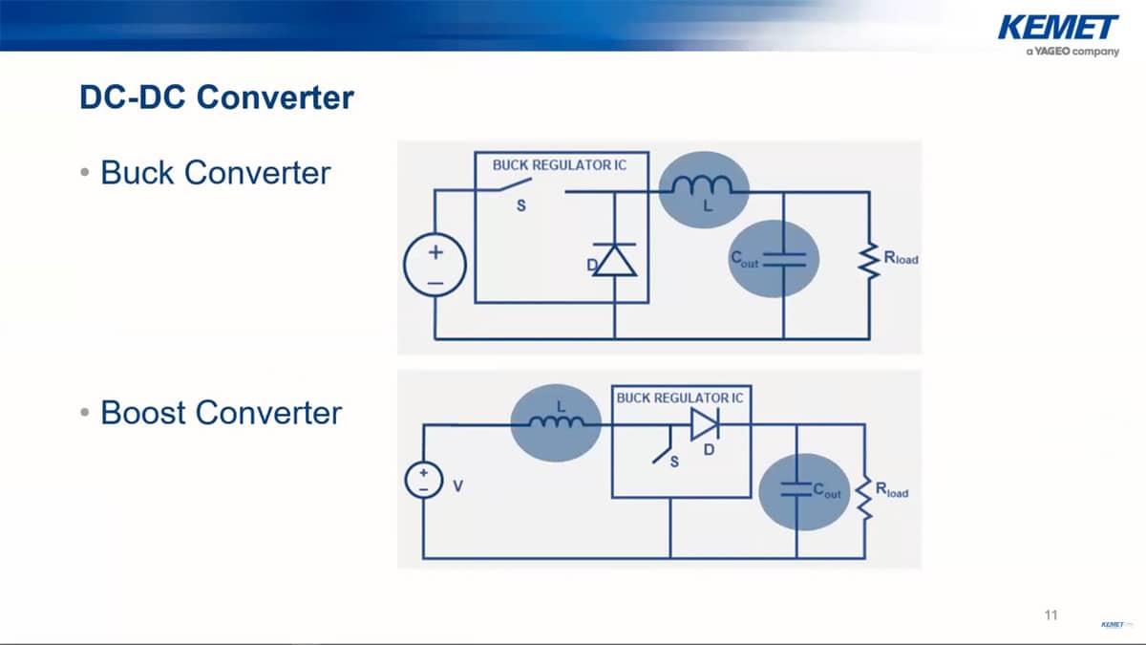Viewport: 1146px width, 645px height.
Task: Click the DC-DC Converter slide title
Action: (217, 97)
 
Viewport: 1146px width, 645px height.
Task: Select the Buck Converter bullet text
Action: (215, 173)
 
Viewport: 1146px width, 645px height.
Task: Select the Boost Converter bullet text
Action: (221, 413)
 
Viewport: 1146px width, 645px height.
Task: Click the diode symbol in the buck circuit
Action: (614, 261)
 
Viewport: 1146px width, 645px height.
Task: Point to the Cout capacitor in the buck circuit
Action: (783, 259)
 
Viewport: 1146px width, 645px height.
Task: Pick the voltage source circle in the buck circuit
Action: (435, 268)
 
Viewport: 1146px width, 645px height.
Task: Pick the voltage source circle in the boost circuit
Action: (423, 480)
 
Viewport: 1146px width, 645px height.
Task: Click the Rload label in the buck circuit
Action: (902, 258)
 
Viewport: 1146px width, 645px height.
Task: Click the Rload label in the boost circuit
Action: (892, 491)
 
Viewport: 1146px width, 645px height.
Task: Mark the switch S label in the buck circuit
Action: (521, 205)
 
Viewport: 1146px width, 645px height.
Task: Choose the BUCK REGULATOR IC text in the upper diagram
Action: (559, 164)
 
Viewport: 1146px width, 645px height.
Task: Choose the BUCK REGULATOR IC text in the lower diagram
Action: (680, 397)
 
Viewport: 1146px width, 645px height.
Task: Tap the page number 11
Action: (1051, 614)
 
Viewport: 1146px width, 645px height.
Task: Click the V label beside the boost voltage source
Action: (456, 486)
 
